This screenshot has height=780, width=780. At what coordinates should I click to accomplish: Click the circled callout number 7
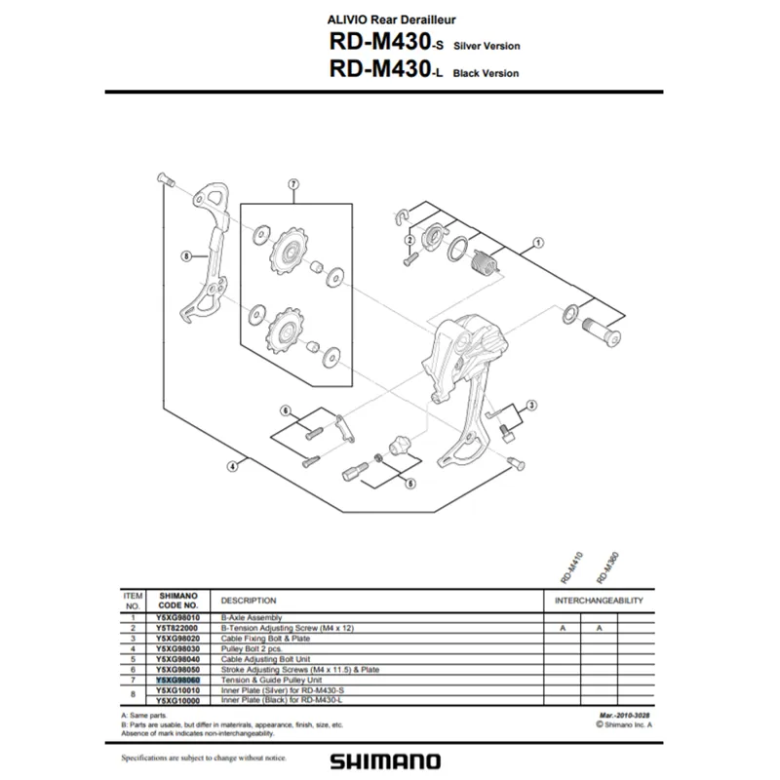[x=292, y=183]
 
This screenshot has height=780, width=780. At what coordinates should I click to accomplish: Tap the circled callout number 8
[x=185, y=257]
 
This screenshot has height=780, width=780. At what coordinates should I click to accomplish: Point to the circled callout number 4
[x=232, y=466]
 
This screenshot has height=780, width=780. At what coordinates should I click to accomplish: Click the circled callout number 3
[x=531, y=405]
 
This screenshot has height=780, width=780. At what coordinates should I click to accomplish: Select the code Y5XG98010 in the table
[x=177, y=618]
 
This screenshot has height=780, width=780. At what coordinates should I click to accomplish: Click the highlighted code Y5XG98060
[x=177, y=682]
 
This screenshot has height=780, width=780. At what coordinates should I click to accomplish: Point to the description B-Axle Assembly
[x=252, y=618]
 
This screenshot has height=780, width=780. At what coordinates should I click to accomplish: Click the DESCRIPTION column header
[x=249, y=601]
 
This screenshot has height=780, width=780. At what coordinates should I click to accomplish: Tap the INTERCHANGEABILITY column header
[x=599, y=601]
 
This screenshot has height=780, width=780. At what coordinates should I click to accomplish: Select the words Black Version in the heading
[x=487, y=73]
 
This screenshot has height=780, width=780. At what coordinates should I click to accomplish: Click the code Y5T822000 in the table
[x=177, y=629]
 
